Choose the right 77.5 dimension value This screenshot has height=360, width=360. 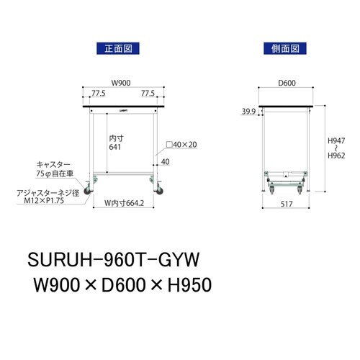click(x=149, y=93)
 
